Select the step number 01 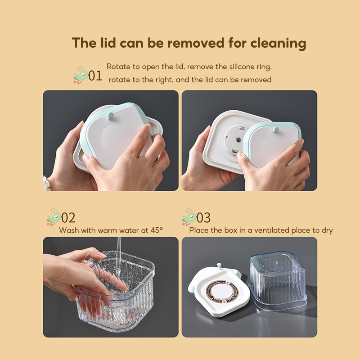coord(95,75)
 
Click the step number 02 coord(68,218)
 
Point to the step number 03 coord(203,218)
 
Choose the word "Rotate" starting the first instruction coord(117,67)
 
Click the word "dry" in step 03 coord(327,230)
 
